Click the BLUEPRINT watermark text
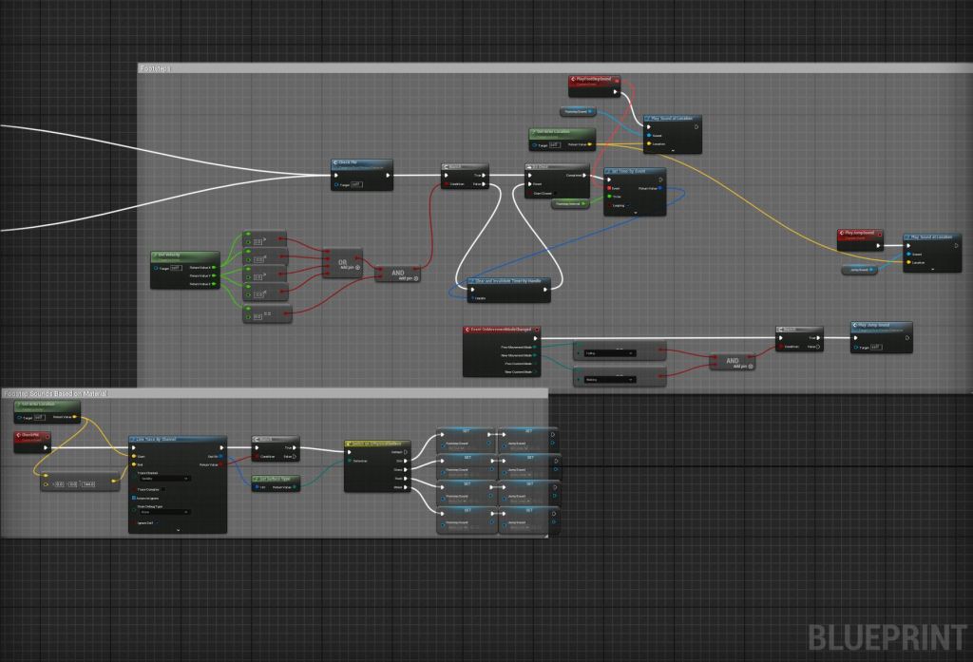click(887, 636)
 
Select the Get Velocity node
click(184, 256)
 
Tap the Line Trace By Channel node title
click(177, 440)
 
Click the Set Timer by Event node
click(635, 173)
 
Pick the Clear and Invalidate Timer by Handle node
click(515, 282)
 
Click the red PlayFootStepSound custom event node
click(594, 82)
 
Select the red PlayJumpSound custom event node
click(862, 234)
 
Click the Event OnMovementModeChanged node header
click(501, 330)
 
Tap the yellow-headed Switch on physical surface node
click(376, 444)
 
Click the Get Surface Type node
click(276, 479)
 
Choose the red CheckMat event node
click(32, 436)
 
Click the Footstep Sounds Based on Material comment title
click(55, 393)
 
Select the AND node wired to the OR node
click(397, 274)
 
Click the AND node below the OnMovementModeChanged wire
click(732, 362)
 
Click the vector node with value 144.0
click(70, 483)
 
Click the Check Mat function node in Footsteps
click(361, 163)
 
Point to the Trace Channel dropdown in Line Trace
click(163, 479)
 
